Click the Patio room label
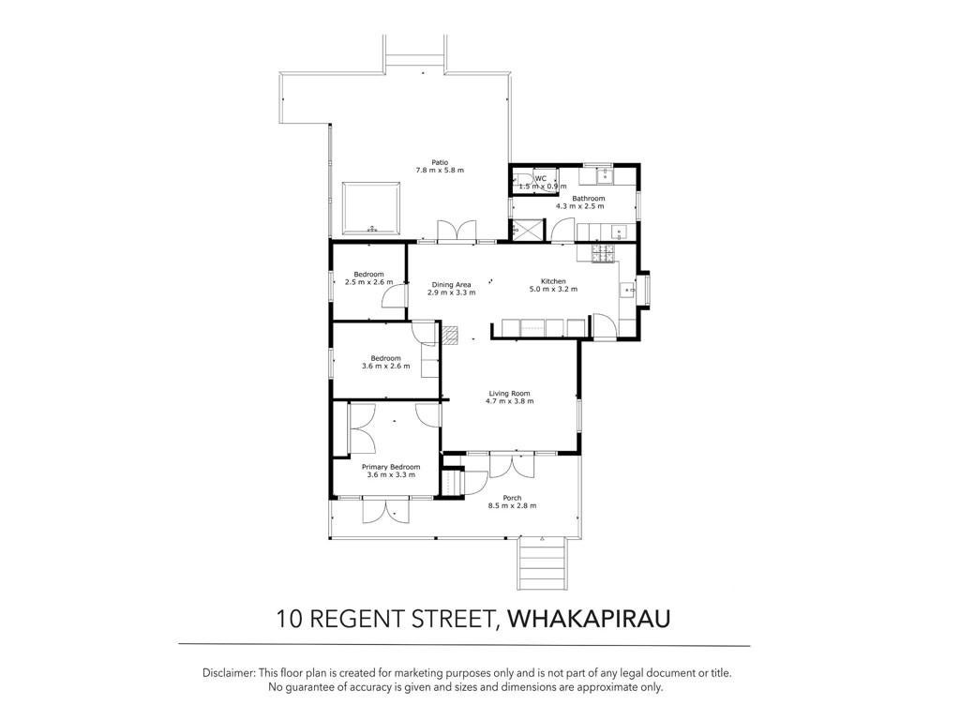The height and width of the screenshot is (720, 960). (x=440, y=162)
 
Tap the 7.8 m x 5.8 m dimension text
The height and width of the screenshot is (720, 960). (x=440, y=171)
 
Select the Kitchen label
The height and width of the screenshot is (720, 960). (x=553, y=281)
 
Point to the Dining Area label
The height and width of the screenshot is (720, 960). (x=451, y=285)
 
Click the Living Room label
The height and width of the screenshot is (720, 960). (x=509, y=394)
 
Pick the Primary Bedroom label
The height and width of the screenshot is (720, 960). (x=391, y=467)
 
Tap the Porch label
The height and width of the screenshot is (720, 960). (x=512, y=498)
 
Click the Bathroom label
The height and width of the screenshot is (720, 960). (x=589, y=199)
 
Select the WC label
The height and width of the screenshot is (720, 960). (x=541, y=179)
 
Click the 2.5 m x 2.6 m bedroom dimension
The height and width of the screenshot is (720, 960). (x=368, y=282)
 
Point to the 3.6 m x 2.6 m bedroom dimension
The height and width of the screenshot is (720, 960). (x=385, y=367)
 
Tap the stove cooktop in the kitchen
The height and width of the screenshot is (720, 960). (x=604, y=254)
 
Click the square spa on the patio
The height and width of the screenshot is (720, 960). (x=371, y=208)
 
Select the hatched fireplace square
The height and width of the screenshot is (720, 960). (x=450, y=334)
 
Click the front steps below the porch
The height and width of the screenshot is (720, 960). (x=542, y=563)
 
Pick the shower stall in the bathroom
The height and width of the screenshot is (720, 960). (x=527, y=230)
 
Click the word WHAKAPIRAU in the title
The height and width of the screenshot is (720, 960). (x=590, y=619)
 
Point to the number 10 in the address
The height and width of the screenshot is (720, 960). (x=288, y=619)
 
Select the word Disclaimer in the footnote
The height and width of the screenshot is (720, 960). (x=229, y=673)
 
